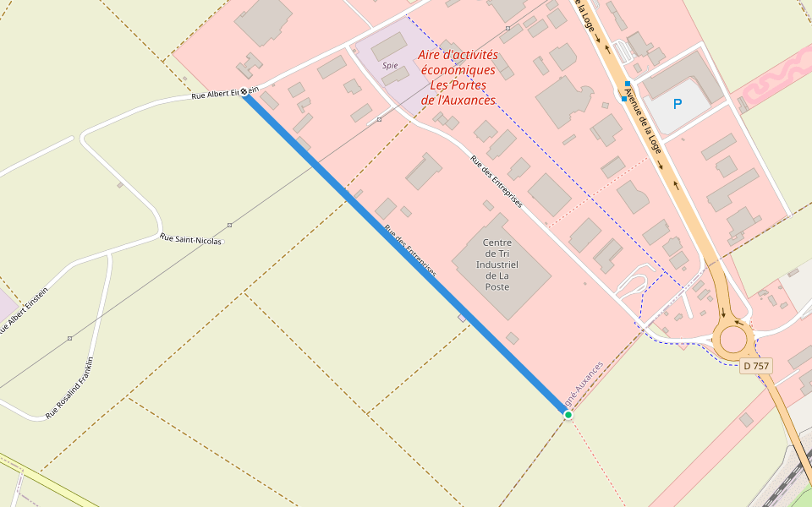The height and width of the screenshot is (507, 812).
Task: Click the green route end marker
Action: click(x=568, y=415)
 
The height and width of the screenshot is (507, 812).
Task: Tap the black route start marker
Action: click(x=244, y=92)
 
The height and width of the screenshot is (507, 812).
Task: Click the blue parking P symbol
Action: click(x=677, y=104)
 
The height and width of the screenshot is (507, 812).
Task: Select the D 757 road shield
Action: click(x=755, y=366)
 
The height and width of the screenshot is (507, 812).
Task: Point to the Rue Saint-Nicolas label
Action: click(x=190, y=240)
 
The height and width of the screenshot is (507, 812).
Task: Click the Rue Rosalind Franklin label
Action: click(x=69, y=389)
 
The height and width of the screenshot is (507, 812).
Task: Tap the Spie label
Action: click(x=390, y=65)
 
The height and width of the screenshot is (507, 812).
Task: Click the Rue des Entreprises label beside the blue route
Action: click(x=410, y=251)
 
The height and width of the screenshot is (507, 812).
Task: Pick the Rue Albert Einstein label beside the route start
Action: click(x=217, y=94)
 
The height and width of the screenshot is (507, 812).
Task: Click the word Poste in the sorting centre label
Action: click(x=497, y=287)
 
